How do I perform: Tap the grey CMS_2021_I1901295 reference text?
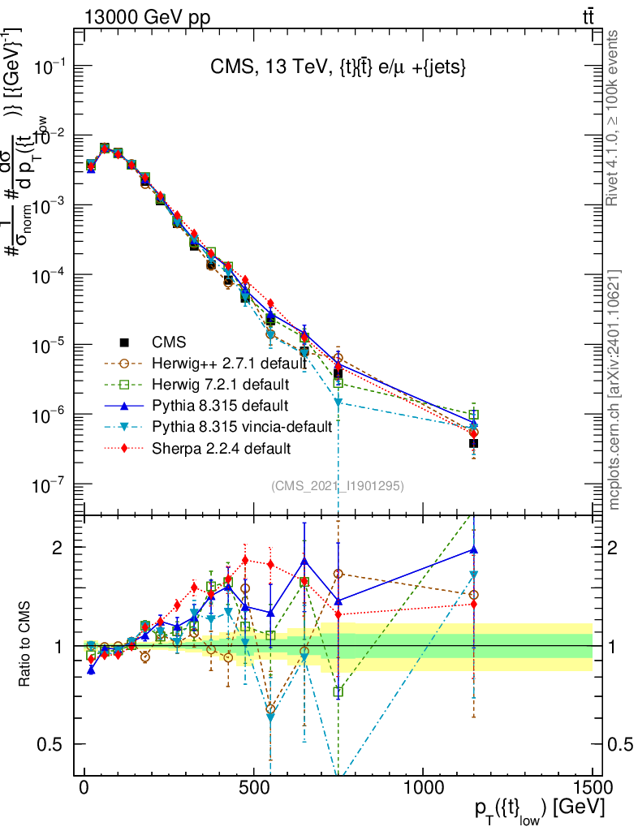point(338,485)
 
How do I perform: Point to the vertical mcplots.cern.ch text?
point(614,390)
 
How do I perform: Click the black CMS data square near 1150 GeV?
point(473,444)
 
